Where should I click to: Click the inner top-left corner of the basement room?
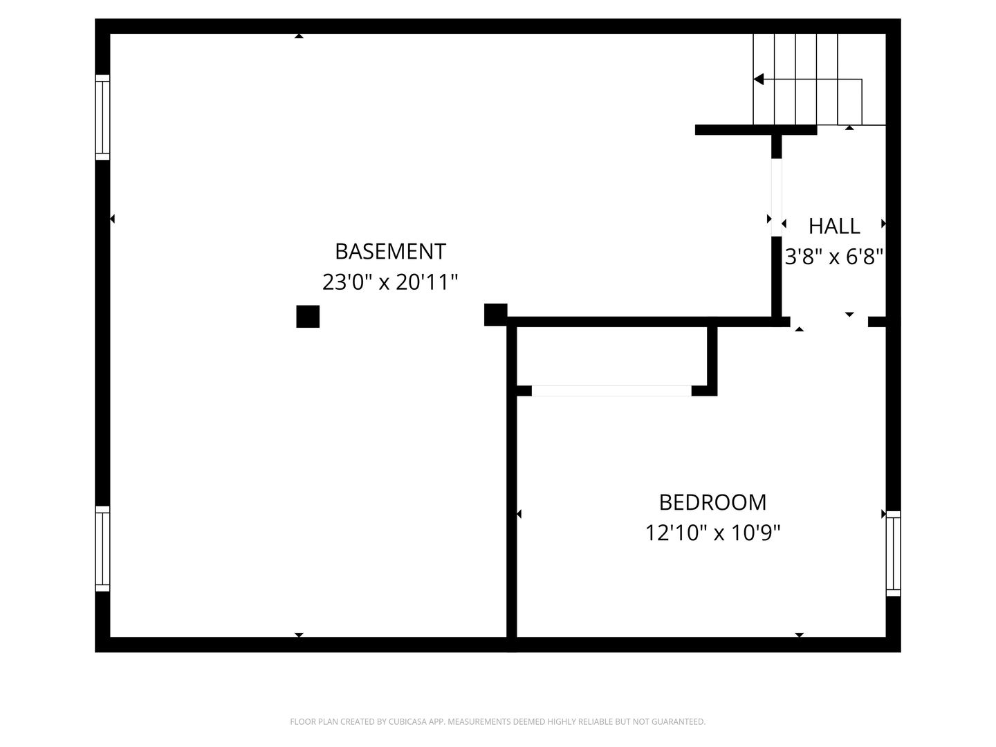110,34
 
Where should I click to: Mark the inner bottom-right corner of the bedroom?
886,637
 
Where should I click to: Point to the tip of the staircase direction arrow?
754,80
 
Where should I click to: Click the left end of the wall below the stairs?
696,130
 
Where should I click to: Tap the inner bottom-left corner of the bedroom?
517,637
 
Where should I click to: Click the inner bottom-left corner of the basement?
110,637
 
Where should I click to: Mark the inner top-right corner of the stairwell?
886,34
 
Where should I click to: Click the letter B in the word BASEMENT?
341,252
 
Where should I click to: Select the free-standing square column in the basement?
308,317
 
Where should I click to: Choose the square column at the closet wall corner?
495,315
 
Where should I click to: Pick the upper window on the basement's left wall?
102,118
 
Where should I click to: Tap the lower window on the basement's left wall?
102,548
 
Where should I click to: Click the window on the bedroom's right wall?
894,553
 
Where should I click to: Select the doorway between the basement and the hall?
777,197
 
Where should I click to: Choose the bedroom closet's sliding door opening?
611,391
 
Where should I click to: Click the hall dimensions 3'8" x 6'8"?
834,257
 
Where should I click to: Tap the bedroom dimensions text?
713,533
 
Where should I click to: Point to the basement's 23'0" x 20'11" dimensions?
390,282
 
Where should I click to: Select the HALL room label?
834,226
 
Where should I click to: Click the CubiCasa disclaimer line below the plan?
498,721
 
